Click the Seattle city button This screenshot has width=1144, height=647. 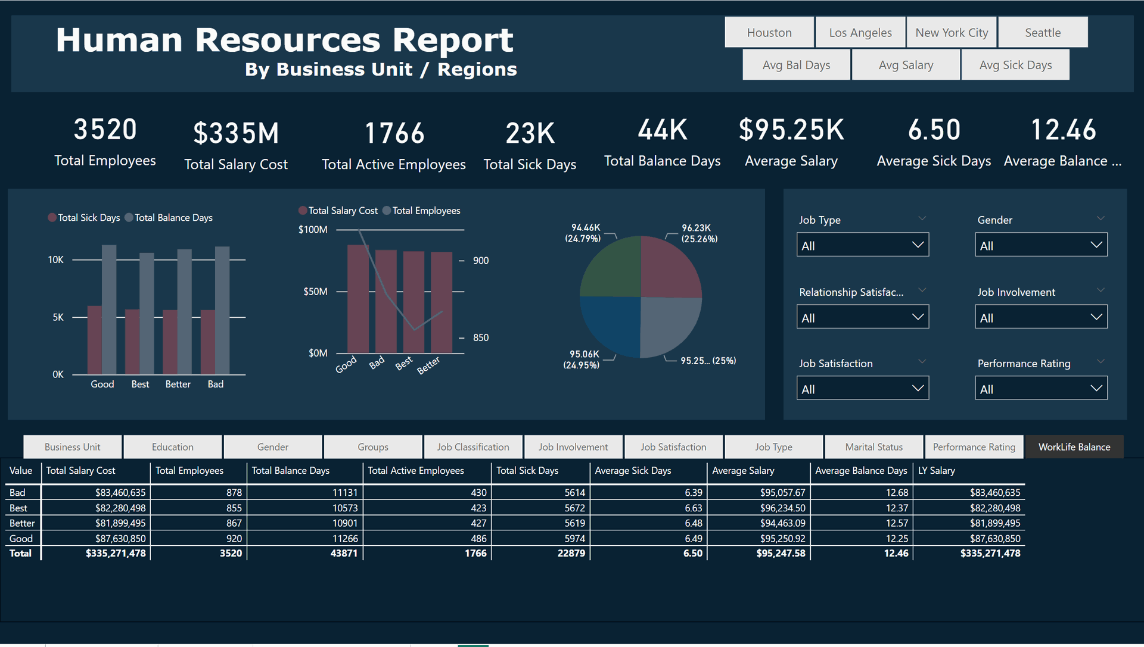[1043, 33]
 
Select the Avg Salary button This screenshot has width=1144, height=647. [906, 65]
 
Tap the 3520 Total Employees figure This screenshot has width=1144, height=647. [105, 130]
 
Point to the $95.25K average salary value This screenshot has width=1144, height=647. [791, 130]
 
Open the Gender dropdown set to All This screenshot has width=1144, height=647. [1040, 245]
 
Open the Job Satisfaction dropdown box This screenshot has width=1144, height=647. [862, 389]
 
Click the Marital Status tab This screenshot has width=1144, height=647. [873, 447]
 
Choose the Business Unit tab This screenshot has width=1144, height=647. [73, 447]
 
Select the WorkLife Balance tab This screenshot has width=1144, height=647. [1074, 447]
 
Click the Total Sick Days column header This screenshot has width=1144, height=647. [527, 470]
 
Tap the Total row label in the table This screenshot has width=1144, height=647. [20, 553]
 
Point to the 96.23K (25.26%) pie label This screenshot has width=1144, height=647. [699, 233]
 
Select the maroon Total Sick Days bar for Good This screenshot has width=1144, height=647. [94, 340]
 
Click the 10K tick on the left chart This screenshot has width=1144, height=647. [55, 260]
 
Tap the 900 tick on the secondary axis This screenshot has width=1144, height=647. [480, 261]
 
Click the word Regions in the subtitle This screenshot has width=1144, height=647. [477, 70]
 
